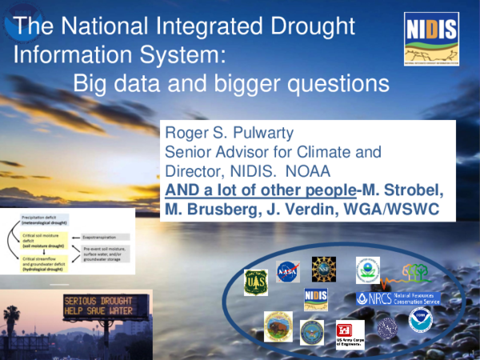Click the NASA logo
point(286,270)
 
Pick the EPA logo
point(367,270)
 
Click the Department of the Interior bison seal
point(278,324)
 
